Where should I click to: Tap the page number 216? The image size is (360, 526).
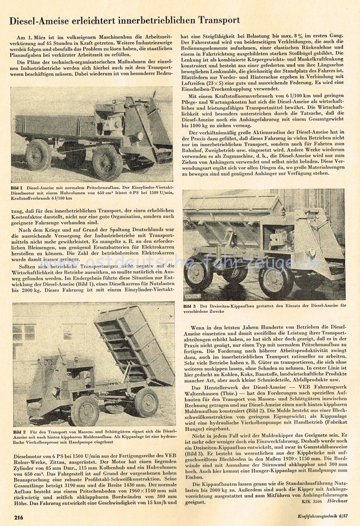point(18,517)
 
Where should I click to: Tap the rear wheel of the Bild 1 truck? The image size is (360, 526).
point(38,154)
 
